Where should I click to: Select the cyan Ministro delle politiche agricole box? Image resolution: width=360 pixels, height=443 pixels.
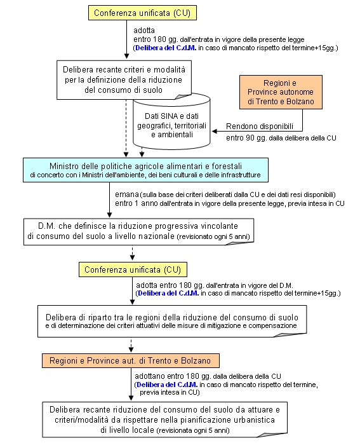coord(145,170)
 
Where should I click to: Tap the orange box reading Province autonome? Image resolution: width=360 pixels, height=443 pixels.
coord(281,92)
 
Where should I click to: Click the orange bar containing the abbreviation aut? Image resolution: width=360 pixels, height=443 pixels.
coord(131,360)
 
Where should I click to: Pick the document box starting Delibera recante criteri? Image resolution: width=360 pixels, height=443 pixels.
coord(124,79)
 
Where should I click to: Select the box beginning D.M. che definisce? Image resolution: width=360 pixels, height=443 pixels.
coord(138,231)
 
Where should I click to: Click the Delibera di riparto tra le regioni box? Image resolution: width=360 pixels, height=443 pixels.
coord(172,321)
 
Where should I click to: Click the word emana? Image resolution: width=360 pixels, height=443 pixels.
coord(127,194)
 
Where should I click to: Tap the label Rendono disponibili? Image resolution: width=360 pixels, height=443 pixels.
coord(260,126)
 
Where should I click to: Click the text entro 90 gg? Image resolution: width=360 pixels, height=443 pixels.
coord(246,138)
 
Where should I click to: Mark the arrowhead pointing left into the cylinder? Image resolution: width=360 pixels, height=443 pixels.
coord(215,131)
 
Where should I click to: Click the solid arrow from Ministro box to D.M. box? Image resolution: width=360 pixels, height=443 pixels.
coord(109,200)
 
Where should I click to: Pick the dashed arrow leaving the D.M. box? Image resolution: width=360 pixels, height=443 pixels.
coord(132,252)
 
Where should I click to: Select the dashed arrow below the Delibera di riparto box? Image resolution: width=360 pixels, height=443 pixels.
coord(131,344)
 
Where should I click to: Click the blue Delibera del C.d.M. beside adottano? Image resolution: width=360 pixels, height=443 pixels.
coord(167,385)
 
